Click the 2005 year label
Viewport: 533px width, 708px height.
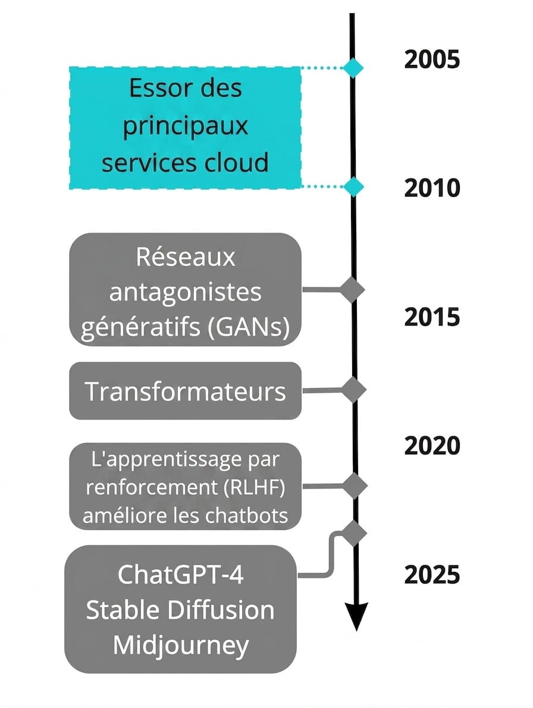pyautogui.click(x=432, y=59)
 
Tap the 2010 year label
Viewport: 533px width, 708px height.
pyautogui.click(x=432, y=188)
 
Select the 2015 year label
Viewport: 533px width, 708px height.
pyautogui.click(x=432, y=317)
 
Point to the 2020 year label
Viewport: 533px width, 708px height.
pyautogui.click(x=432, y=446)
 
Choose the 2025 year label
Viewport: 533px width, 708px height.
pyautogui.click(x=432, y=575)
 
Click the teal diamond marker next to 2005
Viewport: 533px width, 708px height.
pyautogui.click(x=353, y=68)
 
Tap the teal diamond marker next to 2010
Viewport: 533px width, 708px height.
pyautogui.click(x=353, y=186)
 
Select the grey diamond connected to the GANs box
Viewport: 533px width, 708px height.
pyautogui.click(x=352, y=289)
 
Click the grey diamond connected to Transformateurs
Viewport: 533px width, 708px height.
pyautogui.click(x=353, y=390)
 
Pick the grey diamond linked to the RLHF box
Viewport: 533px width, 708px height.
pyautogui.click(x=355, y=486)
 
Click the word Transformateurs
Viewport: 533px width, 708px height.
pyautogui.click(x=185, y=391)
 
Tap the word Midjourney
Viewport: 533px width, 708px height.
pyautogui.click(x=180, y=646)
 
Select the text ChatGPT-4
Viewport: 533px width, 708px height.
pyautogui.click(x=180, y=575)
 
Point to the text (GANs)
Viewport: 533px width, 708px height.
pyautogui.click(x=249, y=327)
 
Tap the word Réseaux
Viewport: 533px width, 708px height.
pyautogui.click(x=186, y=257)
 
